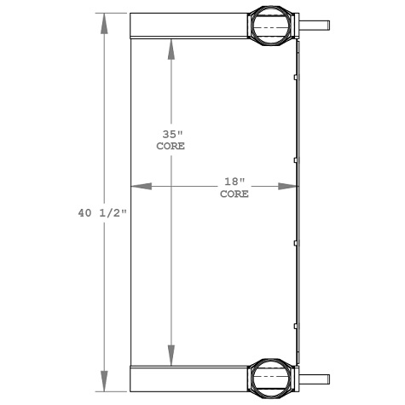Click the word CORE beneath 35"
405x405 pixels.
tap(171, 146)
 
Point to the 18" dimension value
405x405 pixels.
tap(234, 182)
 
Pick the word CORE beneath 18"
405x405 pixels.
tap(234, 194)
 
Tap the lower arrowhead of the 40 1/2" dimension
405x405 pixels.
tap(105, 383)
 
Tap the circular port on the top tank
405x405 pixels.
tap(272, 26)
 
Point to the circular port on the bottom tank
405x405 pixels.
tap(272, 378)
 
